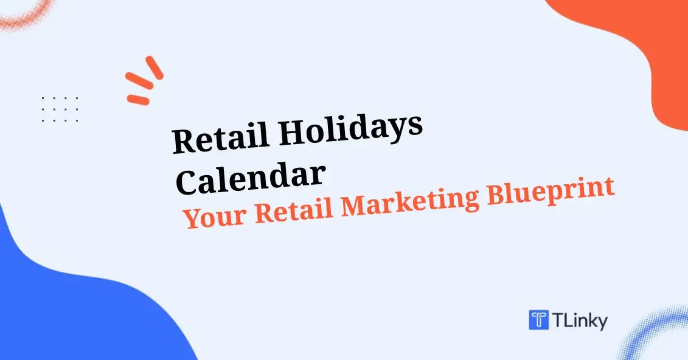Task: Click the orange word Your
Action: (214, 216)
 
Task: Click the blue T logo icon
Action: (538, 320)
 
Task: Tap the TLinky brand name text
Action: (580, 320)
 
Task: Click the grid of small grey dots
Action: (60, 109)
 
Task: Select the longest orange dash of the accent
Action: (139, 81)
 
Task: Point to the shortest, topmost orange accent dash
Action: (155, 67)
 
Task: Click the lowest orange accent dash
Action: (138, 100)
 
